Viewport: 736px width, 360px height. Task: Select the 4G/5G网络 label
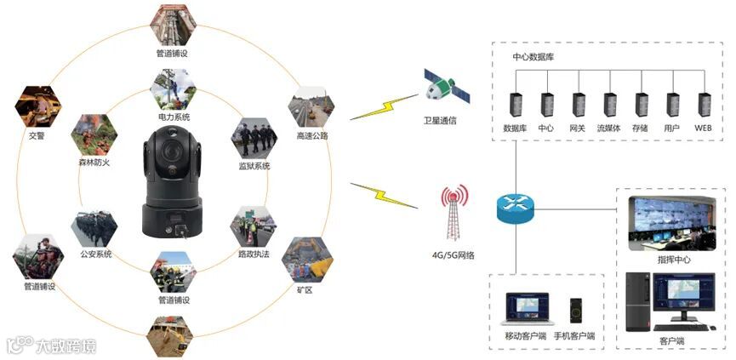(x=454, y=255)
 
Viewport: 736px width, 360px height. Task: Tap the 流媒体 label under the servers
(x=608, y=128)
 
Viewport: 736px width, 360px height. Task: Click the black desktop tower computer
(x=637, y=302)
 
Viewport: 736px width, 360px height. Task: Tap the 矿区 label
(x=305, y=289)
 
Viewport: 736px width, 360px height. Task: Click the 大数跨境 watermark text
(x=65, y=346)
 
